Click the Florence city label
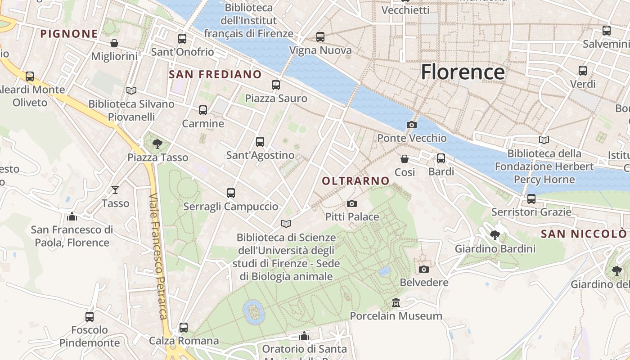463,72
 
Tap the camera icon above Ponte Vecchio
411,125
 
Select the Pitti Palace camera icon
352,204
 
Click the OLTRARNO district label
355,181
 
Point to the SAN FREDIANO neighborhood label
215,74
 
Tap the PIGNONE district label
69,34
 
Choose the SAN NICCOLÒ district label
583,234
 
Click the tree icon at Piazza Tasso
157,144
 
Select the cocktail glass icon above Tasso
115,190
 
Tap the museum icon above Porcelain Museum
396,302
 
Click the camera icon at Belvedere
423,269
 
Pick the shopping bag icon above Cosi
405,159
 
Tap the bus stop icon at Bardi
441,158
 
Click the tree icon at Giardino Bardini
495,235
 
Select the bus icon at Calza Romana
183,327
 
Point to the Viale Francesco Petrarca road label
159,256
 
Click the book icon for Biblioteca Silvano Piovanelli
131,90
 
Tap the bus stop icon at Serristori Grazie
531,198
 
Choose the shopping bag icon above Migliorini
114,43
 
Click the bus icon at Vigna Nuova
320,37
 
